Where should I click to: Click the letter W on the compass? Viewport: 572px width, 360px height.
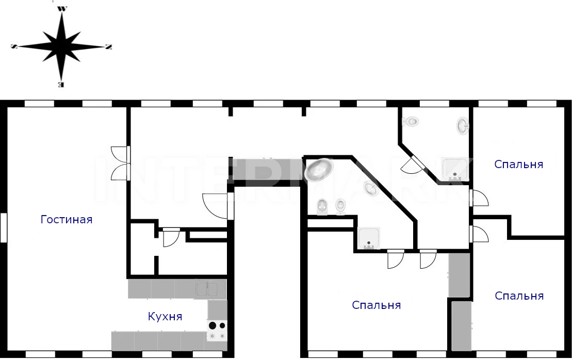(x=62, y=8)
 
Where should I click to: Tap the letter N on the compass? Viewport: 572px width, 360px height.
(x=108, y=47)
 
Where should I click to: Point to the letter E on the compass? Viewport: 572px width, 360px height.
(x=61, y=84)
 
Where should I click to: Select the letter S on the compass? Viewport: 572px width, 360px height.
(x=13, y=46)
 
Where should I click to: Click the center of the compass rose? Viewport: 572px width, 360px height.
(x=61, y=46)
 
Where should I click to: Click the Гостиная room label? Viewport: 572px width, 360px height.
(x=66, y=220)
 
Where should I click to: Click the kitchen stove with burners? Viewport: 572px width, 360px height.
(x=217, y=331)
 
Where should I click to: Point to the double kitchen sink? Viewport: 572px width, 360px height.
(x=210, y=289)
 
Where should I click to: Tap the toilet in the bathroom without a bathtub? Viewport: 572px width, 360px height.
(x=412, y=122)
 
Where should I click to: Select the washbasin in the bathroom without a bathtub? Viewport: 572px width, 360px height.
(x=463, y=125)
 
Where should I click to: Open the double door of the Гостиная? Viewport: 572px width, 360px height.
(x=120, y=163)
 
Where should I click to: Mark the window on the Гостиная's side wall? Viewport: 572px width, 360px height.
(x=4, y=227)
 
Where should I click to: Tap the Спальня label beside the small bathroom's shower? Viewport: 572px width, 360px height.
(x=518, y=165)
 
